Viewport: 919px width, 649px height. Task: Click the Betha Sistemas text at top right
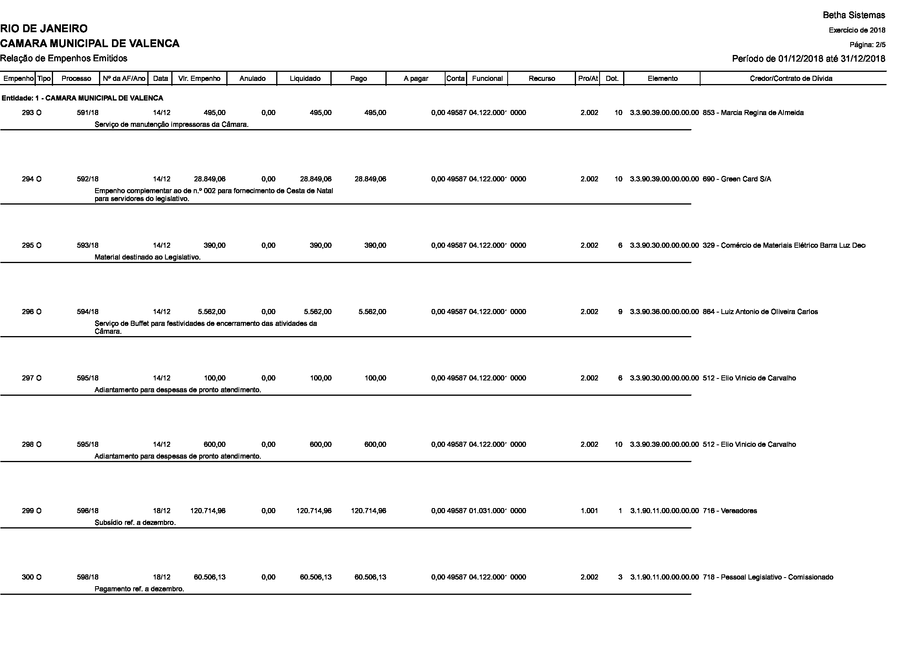pyautogui.click(x=854, y=15)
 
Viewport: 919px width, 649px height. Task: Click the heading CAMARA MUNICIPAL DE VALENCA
pyautogui.click(x=90, y=44)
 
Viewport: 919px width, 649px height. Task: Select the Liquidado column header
pyautogui.click(x=304, y=79)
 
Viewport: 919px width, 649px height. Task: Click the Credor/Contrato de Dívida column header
pyautogui.click(x=791, y=79)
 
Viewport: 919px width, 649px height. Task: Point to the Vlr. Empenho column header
pyautogui.click(x=199, y=79)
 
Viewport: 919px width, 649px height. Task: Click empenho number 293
pyautogui.click(x=28, y=113)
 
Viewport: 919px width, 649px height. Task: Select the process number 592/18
pyautogui.click(x=88, y=179)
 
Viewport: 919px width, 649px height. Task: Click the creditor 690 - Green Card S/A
pyautogui.click(x=736, y=179)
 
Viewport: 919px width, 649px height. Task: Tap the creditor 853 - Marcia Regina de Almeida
pyautogui.click(x=753, y=113)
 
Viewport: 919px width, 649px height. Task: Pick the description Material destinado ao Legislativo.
pyautogui.click(x=147, y=257)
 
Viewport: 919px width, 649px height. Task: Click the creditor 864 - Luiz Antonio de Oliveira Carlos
pyautogui.click(x=760, y=312)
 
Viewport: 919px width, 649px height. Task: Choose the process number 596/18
pyautogui.click(x=88, y=511)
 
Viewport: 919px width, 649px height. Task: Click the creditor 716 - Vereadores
pyautogui.click(x=730, y=511)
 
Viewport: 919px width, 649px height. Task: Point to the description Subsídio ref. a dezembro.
pyautogui.click(x=135, y=523)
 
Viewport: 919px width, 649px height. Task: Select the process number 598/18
pyautogui.click(x=88, y=577)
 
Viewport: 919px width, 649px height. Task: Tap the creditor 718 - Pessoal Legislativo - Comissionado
pyautogui.click(x=768, y=577)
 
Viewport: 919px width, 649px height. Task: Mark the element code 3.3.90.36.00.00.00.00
pyautogui.click(x=664, y=312)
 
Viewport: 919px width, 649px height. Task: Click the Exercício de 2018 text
pyautogui.click(x=857, y=30)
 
